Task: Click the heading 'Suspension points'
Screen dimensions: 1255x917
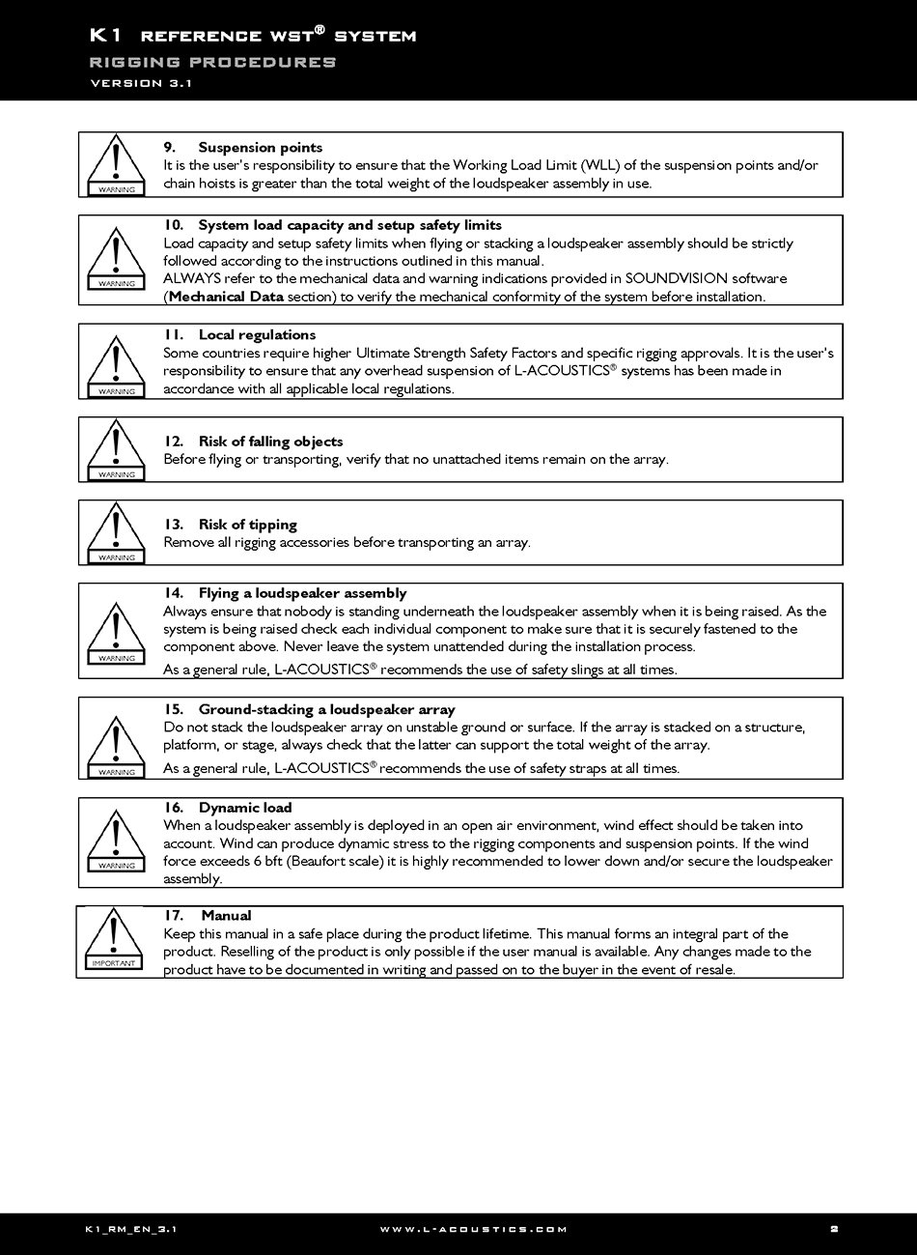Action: click(x=260, y=148)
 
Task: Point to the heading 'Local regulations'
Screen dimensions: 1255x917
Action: click(x=257, y=335)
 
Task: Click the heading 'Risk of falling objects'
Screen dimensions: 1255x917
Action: click(x=270, y=442)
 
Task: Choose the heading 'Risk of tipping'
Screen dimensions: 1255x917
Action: click(x=247, y=525)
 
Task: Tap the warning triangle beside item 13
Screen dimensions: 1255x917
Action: click(x=117, y=530)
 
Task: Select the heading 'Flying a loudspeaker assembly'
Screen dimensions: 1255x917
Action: click(x=302, y=593)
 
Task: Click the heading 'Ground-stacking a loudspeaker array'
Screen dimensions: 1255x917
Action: click(x=326, y=709)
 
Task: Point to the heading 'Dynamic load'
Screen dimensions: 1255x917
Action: click(x=245, y=808)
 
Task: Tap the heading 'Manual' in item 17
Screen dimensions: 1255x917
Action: click(x=226, y=916)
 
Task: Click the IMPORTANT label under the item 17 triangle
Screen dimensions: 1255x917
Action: click(x=114, y=963)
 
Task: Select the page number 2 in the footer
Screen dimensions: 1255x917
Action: click(x=834, y=1229)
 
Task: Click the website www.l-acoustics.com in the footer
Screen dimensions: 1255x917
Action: click(x=473, y=1229)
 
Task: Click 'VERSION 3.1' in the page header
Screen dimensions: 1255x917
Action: click(x=141, y=83)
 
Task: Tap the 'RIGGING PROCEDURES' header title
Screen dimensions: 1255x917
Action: click(x=212, y=62)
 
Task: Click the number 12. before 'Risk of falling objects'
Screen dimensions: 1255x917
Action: click(x=174, y=442)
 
